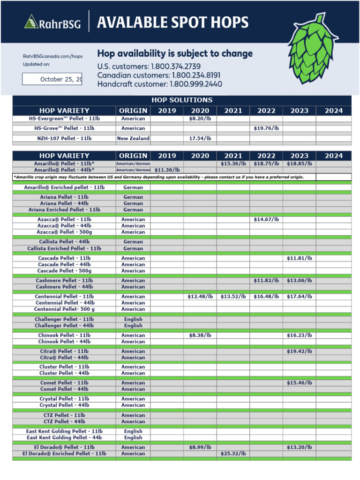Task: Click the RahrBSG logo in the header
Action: (x=52, y=22)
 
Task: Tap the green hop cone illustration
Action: (x=313, y=49)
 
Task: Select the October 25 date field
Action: (x=52, y=79)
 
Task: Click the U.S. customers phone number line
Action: (x=149, y=67)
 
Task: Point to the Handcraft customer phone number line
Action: (x=159, y=84)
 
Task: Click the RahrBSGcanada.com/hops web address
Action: (x=52, y=56)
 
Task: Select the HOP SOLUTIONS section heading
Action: (x=182, y=100)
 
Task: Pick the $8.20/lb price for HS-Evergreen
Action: (x=200, y=119)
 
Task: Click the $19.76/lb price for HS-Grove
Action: (x=266, y=128)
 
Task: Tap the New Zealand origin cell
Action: (x=133, y=138)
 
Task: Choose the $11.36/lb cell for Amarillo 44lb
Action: (x=167, y=170)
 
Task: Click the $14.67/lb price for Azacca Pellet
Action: (x=266, y=219)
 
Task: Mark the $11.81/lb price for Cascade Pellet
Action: (x=299, y=258)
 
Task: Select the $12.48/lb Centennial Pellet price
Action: (x=200, y=296)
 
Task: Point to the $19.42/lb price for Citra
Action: (x=299, y=351)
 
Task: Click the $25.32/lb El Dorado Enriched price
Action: (x=233, y=454)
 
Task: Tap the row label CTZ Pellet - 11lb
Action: (x=64, y=415)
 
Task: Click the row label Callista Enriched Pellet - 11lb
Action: (x=64, y=248)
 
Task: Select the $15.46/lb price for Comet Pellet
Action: (x=299, y=383)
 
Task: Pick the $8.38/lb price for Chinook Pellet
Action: (x=200, y=335)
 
